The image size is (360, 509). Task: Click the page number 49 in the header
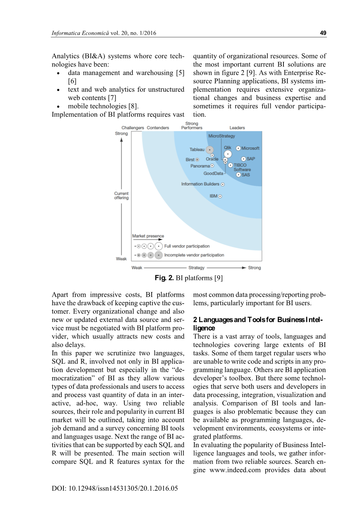(323, 33)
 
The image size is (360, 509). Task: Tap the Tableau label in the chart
(197, 150)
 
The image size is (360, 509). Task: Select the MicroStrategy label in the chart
(222, 136)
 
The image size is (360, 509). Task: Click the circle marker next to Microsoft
(238, 149)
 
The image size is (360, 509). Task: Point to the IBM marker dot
(220, 196)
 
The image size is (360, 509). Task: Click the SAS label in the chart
(246, 175)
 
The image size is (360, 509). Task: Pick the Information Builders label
(200, 184)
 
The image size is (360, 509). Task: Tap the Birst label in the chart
(190, 160)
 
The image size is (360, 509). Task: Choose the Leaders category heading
(237, 128)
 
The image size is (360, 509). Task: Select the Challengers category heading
(133, 128)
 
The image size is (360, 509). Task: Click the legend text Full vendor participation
(187, 246)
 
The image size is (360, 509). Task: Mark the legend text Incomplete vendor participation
(194, 255)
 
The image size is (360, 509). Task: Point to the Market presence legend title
(148, 236)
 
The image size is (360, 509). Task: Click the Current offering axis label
(121, 196)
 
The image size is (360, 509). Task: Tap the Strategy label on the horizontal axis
(196, 268)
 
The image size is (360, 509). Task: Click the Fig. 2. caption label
(164, 278)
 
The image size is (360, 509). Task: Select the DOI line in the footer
(115, 488)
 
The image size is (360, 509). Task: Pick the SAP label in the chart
(251, 159)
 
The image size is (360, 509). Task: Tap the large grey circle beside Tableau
(210, 150)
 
